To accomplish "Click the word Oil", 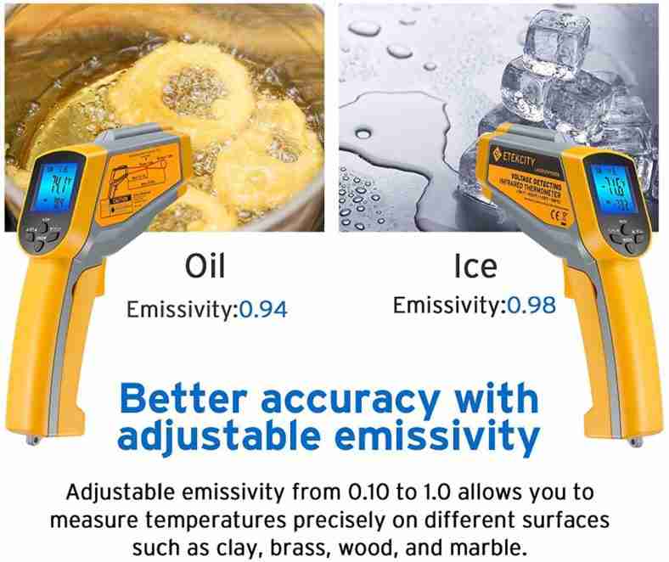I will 205,266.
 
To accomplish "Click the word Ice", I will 475,266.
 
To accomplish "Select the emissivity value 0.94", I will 262,309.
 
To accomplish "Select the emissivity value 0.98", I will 529,305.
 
